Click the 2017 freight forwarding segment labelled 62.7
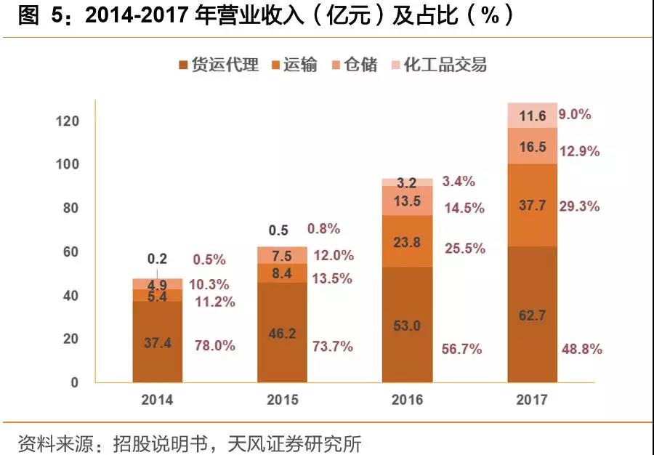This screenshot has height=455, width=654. pos(533,314)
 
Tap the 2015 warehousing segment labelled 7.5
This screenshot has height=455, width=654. pos(282,255)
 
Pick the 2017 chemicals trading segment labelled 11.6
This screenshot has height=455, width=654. pos(533,116)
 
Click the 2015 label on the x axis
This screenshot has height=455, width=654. pos(282,400)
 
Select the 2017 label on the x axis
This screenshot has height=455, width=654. pos(533,400)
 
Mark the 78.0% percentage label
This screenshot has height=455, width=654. pos(215,346)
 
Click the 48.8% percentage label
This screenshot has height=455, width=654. pos(581,349)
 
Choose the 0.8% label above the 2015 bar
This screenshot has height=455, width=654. pos(323,229)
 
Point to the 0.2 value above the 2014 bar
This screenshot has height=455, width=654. pos(157,259)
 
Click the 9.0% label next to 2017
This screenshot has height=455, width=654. pos(575,114)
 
